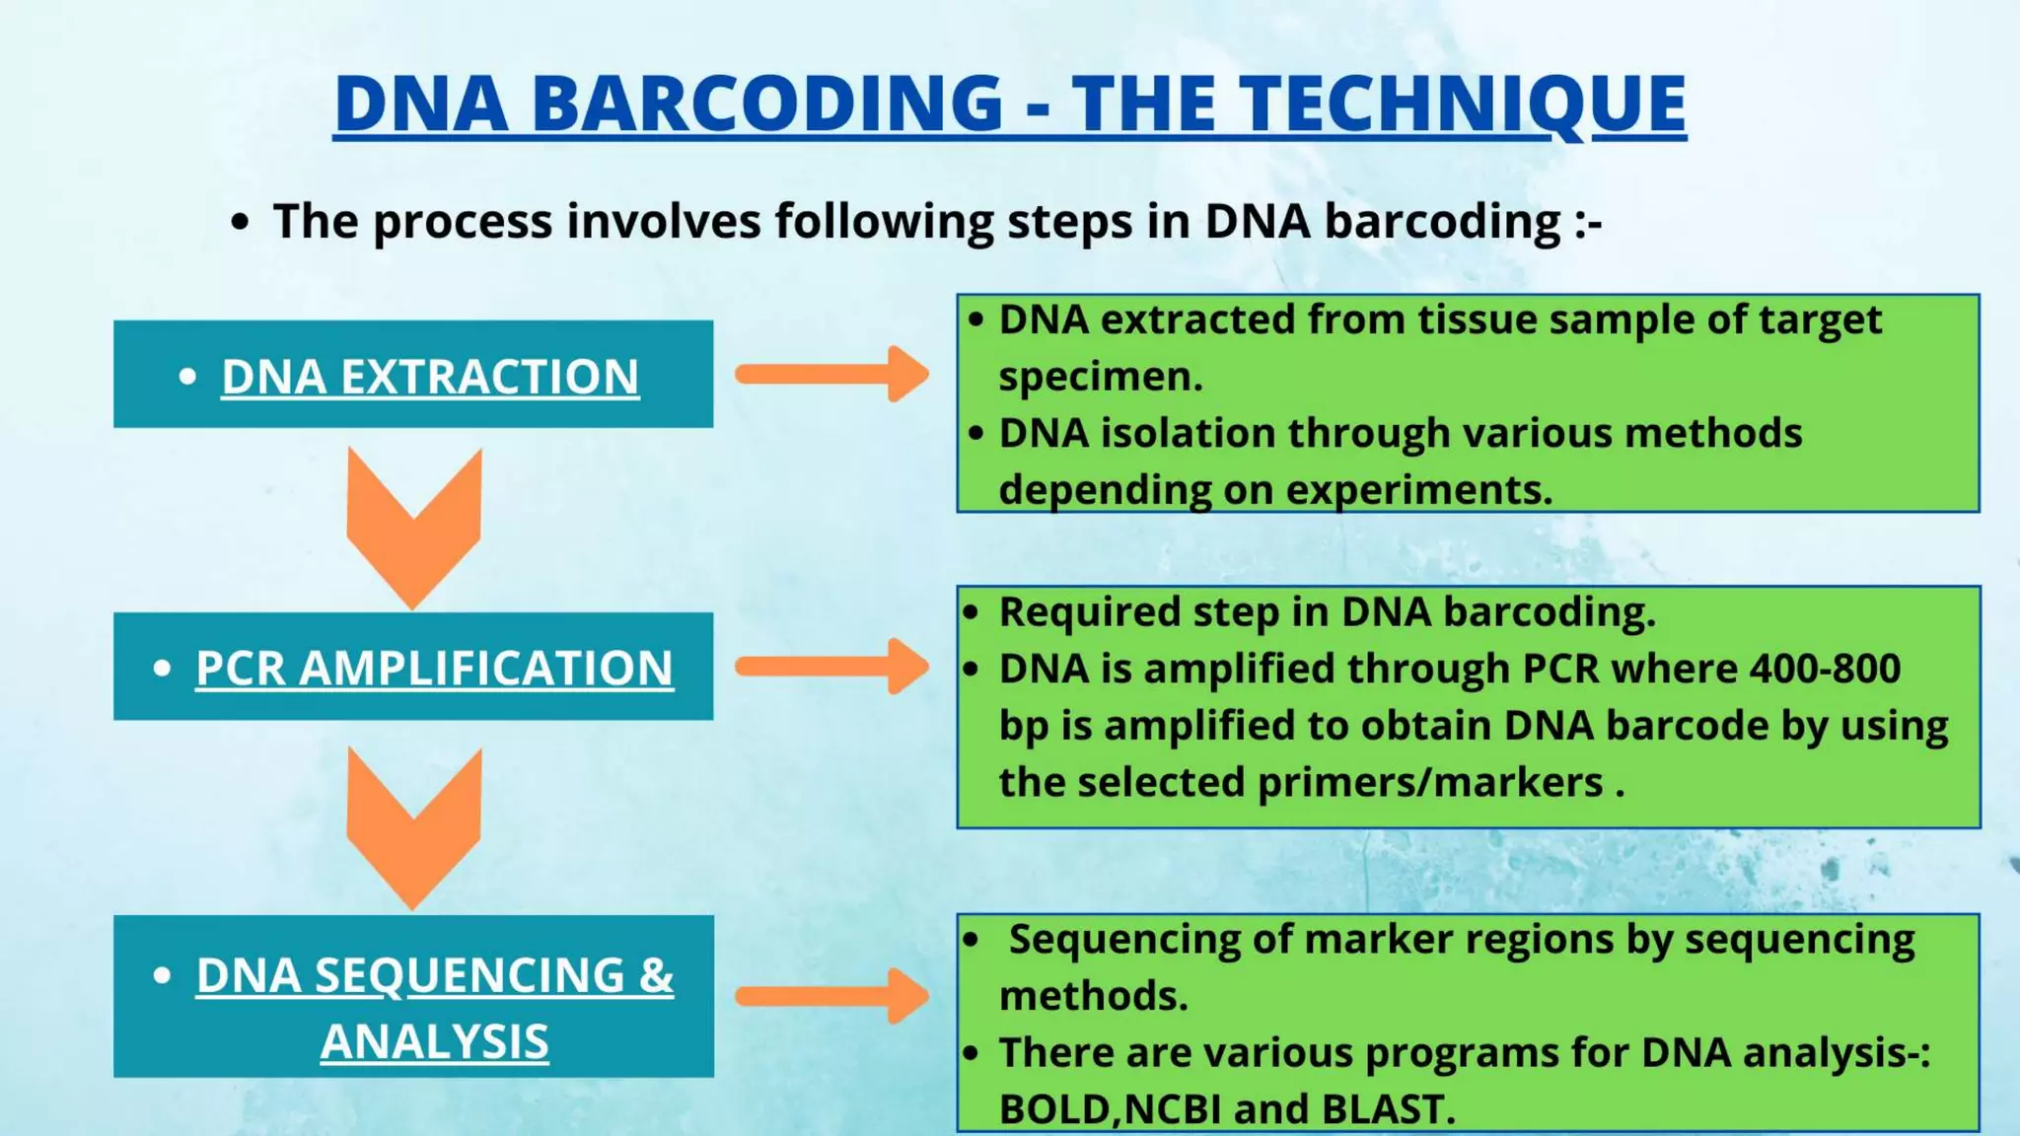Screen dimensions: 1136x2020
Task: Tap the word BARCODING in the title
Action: coord(768,104)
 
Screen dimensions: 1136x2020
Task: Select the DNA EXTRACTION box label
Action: coord(430,377)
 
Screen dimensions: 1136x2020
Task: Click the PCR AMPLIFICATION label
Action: coord(434,669)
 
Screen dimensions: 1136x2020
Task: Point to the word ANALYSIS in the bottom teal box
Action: coord(434,1042)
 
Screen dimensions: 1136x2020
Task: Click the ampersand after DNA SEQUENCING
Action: coord(656,975)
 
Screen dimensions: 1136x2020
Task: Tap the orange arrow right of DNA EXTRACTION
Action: coord(832,374)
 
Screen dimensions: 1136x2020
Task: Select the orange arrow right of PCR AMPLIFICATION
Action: coord(832,667)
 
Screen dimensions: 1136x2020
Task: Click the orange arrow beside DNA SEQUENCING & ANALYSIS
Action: coord(832,996)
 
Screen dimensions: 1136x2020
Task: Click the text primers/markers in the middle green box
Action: coord(1430,783)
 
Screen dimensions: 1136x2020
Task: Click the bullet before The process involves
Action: coord(240,222)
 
